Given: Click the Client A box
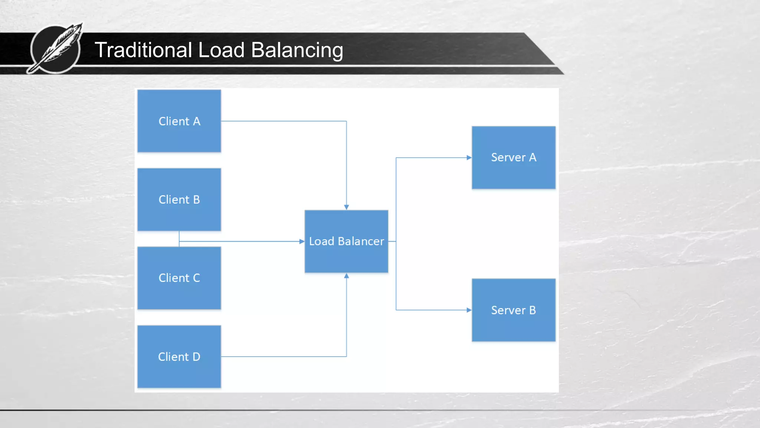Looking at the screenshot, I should tap(179, 121).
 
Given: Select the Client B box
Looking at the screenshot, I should tap(179, 200).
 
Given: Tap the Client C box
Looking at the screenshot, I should tap(179, 278).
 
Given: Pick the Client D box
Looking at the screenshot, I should tap(179, 357).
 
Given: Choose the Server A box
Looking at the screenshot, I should tap(514, 158).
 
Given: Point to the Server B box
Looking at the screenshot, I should tap(514, 310).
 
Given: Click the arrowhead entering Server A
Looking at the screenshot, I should tap(469, 158).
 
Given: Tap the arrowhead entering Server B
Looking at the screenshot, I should tap(469, 310).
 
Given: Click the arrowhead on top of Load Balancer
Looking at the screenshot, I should tap(346, 207).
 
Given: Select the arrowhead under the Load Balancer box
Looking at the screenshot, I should tap(346, 276).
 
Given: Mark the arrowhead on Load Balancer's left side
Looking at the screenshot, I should tap(302, 241).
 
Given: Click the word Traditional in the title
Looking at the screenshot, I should tap(143, 50).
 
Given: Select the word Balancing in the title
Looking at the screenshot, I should tap(297, 50).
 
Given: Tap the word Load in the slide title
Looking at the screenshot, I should tap(221, 50).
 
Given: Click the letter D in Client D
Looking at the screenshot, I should tap(196, 357).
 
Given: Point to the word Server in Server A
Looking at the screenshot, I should tap(508, 158).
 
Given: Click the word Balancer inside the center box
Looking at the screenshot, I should tap(361, 241).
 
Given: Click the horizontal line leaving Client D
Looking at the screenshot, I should tap(282, 357).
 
